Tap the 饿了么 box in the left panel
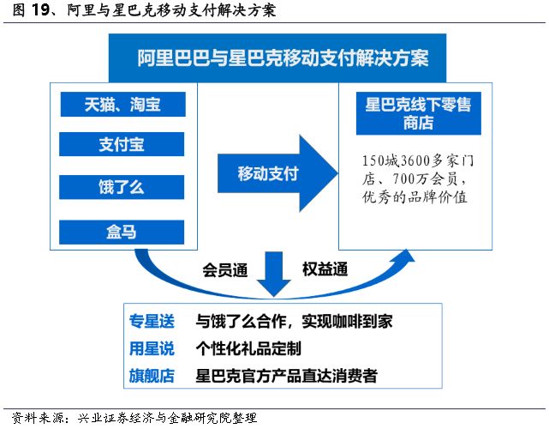[122, 186]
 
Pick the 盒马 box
[122, 229]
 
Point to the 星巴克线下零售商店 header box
[418, 113]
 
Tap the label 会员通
[224, 269]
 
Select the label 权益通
[325, 269]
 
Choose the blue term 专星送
[151, 322]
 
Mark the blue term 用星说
[151, 348]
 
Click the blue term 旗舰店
[151, 375]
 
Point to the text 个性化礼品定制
[248, 348]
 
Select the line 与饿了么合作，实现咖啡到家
[295, 322]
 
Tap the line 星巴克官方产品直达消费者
[286, 375]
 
